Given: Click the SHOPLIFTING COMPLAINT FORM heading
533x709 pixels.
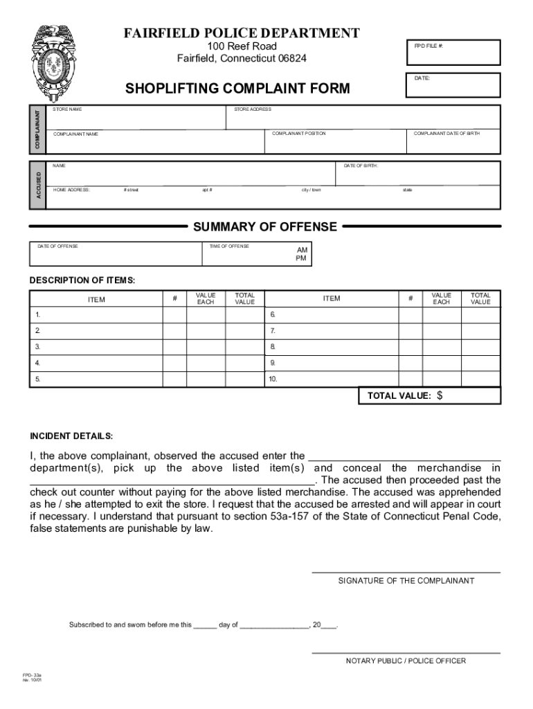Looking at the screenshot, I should tap(237, 89).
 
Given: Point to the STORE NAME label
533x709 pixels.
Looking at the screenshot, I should tap(67, 109).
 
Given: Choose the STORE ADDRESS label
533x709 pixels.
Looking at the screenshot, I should tap(253, 109).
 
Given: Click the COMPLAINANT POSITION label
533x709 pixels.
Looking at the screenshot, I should tap(298, 134).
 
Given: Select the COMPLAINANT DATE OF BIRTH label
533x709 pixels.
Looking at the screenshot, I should tap(446, 134).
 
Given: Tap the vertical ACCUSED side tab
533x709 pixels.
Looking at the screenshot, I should tap(38, 185).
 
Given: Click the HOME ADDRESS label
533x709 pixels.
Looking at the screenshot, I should tap(71, 190).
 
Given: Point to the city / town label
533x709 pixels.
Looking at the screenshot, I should tap(311, 190).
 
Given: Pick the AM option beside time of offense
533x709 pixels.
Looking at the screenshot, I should tap(302, 249).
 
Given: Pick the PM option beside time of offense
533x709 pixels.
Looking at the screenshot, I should tap(301, 258).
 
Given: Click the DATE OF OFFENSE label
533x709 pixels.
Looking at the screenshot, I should tap(57, 246).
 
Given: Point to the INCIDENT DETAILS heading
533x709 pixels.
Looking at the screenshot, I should tap(71, 436).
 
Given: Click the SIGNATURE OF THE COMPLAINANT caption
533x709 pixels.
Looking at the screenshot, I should tap(406, 581).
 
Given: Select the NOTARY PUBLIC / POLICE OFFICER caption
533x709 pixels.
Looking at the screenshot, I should tap(406, 661).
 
